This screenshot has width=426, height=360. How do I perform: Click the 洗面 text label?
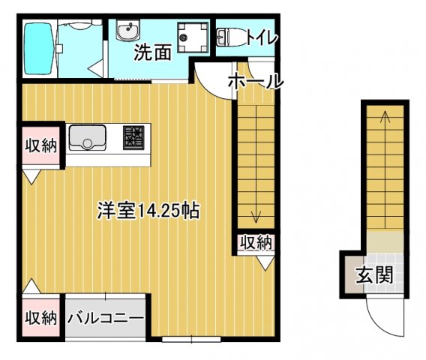click(153, 52)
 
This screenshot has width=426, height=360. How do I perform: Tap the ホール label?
click(254, 81)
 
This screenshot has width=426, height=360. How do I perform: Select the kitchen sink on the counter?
click(87, 137)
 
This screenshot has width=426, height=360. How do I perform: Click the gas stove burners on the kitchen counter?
click(133, 136)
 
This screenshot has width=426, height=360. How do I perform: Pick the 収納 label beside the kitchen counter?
click(39, 145)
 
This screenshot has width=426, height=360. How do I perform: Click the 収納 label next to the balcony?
click(39, 317)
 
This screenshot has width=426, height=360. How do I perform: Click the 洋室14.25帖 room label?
click(147, 211)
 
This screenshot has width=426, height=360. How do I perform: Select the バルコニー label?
click(106, 318)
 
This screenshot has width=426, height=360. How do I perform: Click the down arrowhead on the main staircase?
click(256, 218)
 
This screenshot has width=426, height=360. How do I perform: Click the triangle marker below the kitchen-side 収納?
click(32, 177)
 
